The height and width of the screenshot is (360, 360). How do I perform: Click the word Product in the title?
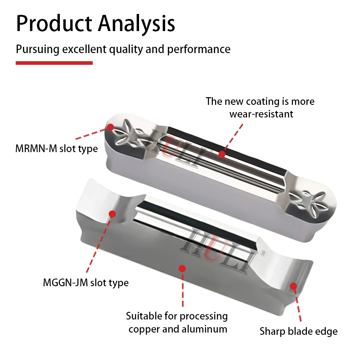[54, 23]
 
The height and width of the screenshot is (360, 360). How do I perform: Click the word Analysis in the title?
[136, 24]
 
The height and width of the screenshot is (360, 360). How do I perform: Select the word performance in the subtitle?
[198, 49]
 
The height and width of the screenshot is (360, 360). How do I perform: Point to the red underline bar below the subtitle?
[54, 63]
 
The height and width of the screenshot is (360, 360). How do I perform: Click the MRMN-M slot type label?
[57, 148]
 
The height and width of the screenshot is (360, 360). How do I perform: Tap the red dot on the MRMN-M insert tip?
[111, 127]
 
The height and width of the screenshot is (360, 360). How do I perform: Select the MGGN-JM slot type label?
[85, 283]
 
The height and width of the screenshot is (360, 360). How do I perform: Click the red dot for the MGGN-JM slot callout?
[112, 214]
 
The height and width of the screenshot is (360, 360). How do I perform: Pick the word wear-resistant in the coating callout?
[261, 114]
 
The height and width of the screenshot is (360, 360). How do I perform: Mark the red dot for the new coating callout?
[222, 154]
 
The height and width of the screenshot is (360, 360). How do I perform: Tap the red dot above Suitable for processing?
[183, 268]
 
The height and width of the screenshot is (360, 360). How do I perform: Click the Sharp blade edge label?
[298, 331]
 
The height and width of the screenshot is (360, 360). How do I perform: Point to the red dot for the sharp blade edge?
[293, 286]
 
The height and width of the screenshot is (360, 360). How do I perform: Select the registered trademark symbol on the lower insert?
[263, 253]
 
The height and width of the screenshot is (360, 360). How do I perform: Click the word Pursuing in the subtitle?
[38, 49]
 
